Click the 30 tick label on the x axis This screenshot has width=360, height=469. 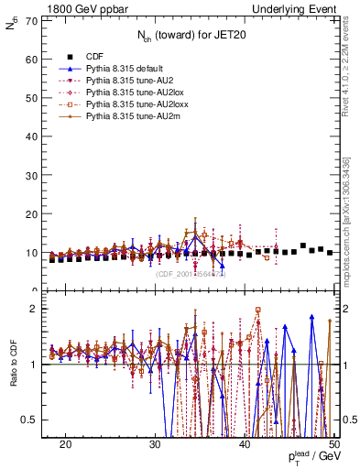(156, 443)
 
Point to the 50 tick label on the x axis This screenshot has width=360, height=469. (334, 443)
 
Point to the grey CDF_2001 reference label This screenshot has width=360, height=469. (190, 273)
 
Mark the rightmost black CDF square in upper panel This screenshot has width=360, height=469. (330, 252)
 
